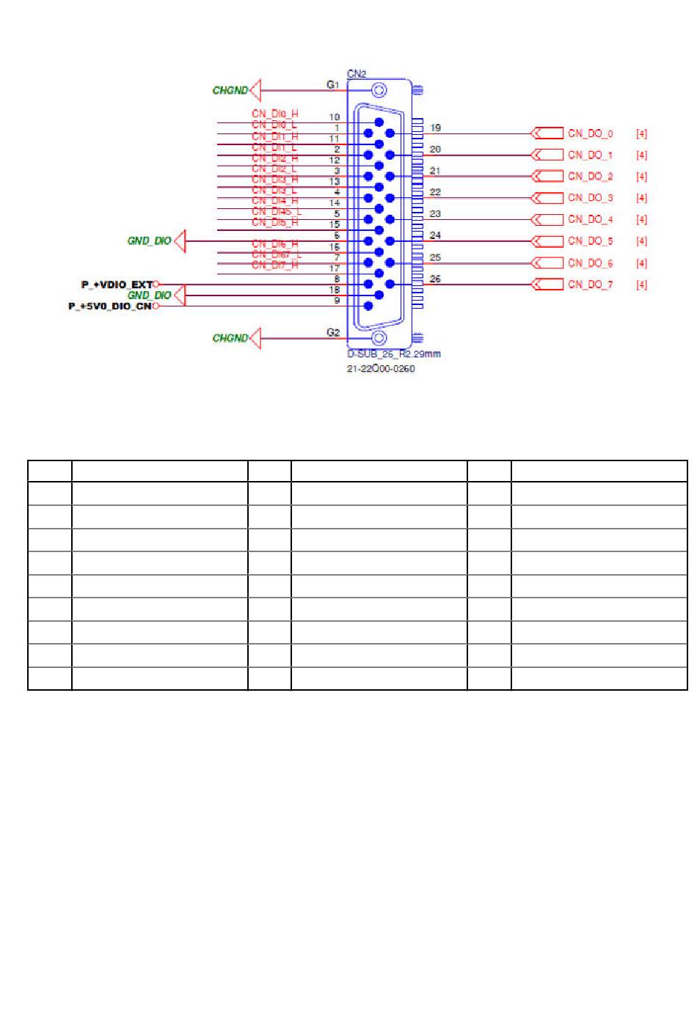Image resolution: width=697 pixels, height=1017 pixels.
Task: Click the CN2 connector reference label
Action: click(x=357, y=73)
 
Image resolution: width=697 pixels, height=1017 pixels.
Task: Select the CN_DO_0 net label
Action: click(x=590, y=134)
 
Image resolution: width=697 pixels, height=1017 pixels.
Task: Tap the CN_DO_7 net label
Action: click(x=590, y=284)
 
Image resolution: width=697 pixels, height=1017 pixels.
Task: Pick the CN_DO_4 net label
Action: click(x=590, y=219)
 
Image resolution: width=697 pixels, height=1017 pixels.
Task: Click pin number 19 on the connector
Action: click(x=435, y=128)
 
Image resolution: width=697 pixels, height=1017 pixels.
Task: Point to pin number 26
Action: click(x=435, y=279)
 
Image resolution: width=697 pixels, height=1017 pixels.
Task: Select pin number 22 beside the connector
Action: click(x=435, y=192)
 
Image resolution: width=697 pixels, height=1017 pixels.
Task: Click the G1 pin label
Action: click(x=333, y=84)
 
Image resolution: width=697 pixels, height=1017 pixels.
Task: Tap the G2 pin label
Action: click(x=333, y=332)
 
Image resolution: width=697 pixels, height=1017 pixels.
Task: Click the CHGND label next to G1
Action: click(x=230, y=91)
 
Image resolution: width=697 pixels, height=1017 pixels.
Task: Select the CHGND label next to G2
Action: click(x=230, y=338)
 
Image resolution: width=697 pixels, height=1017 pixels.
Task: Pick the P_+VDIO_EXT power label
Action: click(x=117, y=284)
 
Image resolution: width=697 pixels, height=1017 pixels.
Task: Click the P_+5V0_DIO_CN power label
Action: click(x=110, y=306)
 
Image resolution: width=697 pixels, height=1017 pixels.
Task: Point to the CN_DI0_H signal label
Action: click(x=274, y=114)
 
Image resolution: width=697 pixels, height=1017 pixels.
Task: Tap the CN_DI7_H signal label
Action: click(x=274, y=265)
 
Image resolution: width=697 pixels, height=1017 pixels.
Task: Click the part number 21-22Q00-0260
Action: click(x=380, y=369)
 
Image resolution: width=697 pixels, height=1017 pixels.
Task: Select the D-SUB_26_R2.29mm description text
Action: click(x=393, y=354)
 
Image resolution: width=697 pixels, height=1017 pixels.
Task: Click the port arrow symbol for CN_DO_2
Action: click(x=546, y=176)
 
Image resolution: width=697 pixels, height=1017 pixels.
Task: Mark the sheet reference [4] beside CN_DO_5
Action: click(x=641, y=241)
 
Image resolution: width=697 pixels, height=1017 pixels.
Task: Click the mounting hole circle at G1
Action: click(x=379, y=90)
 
